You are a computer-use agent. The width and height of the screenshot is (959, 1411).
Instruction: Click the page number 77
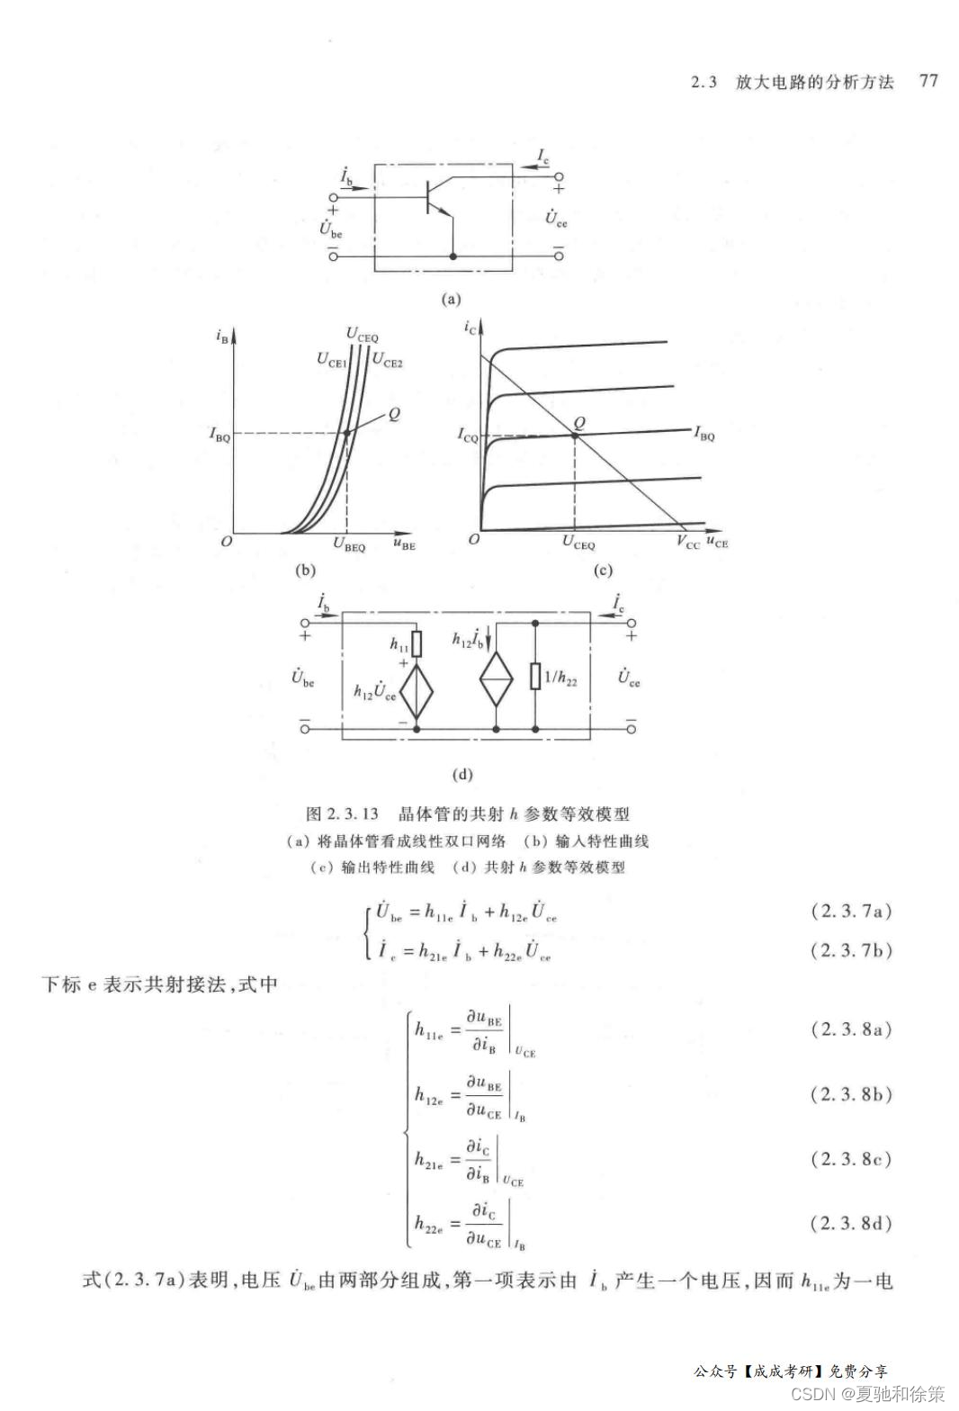(x=928, y=81)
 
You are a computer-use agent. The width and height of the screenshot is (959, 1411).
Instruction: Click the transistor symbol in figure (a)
(x=436, y=198)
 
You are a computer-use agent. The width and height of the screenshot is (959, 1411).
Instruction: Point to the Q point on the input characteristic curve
(x=346, y=433)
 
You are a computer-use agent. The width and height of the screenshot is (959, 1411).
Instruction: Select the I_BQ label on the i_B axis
(x=220, y=435)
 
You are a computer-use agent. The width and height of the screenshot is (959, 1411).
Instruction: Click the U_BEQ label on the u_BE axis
(x=349, y=544)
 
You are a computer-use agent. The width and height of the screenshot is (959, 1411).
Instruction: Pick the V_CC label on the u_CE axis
(x=688, y=543)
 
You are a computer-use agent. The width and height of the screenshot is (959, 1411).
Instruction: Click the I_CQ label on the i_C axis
(x=468, y=436)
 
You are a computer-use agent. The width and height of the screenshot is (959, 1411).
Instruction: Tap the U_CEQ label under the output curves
(x=578, y=543)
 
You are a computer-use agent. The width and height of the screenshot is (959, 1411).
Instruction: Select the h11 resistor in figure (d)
(x=416, y=643)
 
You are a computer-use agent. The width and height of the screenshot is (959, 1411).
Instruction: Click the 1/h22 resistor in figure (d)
(x=535, y=677)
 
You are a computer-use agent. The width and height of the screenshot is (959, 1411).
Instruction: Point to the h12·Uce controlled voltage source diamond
(x=416, y=691)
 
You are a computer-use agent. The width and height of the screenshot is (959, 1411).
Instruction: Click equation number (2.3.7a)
(x=851, y=911)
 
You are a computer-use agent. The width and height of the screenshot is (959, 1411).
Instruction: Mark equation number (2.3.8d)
(x=851, y=1223)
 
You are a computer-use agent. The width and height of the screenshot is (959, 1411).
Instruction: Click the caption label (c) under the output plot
(x=602, y=571)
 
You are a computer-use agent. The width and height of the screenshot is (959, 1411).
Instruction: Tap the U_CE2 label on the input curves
(x=388, y=362)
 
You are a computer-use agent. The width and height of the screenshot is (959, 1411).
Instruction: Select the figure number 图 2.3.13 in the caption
(x=343, y=814)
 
